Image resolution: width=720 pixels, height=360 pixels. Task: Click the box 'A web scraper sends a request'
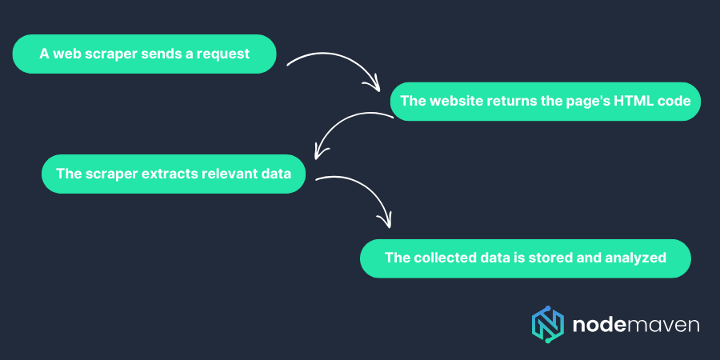pyautogui.click(x=144, y=54)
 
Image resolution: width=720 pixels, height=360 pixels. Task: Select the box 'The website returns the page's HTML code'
pyautogui.click(x=545, y=102)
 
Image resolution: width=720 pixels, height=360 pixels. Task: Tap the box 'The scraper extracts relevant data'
pyautogui.click(x=174, y=174)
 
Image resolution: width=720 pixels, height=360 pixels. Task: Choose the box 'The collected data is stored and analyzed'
pyautogui.click(x=525, y=258)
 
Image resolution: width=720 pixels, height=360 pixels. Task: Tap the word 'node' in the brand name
pyautogui.click(x=597, y=324)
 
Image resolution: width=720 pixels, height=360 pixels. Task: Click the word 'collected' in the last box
pyautogui.click(x=443, y=258)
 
